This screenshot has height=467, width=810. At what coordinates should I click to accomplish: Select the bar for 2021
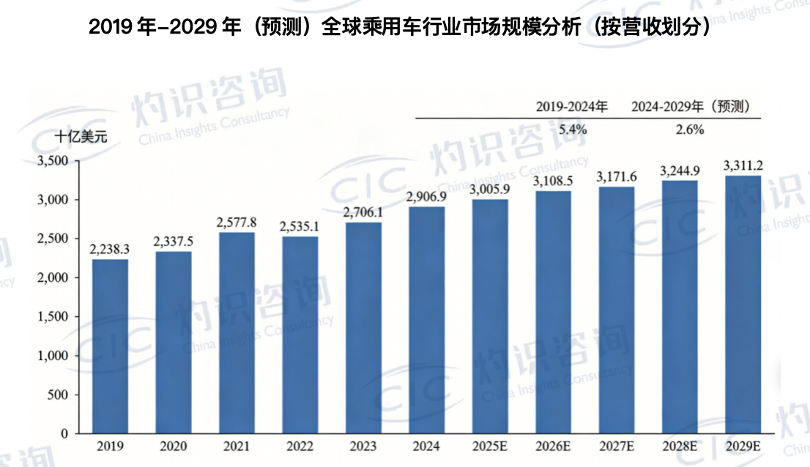[237, 333]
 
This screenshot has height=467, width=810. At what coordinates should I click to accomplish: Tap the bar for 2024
[426, 320]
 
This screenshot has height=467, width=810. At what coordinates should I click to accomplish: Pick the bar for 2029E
[743, 305]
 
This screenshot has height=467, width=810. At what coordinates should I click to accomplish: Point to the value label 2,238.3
[110, 249]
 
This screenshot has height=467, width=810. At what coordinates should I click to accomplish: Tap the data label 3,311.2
[743, 165]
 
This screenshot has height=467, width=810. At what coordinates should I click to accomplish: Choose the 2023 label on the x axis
[363, 445]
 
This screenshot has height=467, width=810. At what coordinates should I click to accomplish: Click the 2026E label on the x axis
[553, 445]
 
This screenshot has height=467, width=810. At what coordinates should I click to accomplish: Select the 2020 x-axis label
[174, 445]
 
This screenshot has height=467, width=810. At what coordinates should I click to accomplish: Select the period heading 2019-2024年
[572, 107]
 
